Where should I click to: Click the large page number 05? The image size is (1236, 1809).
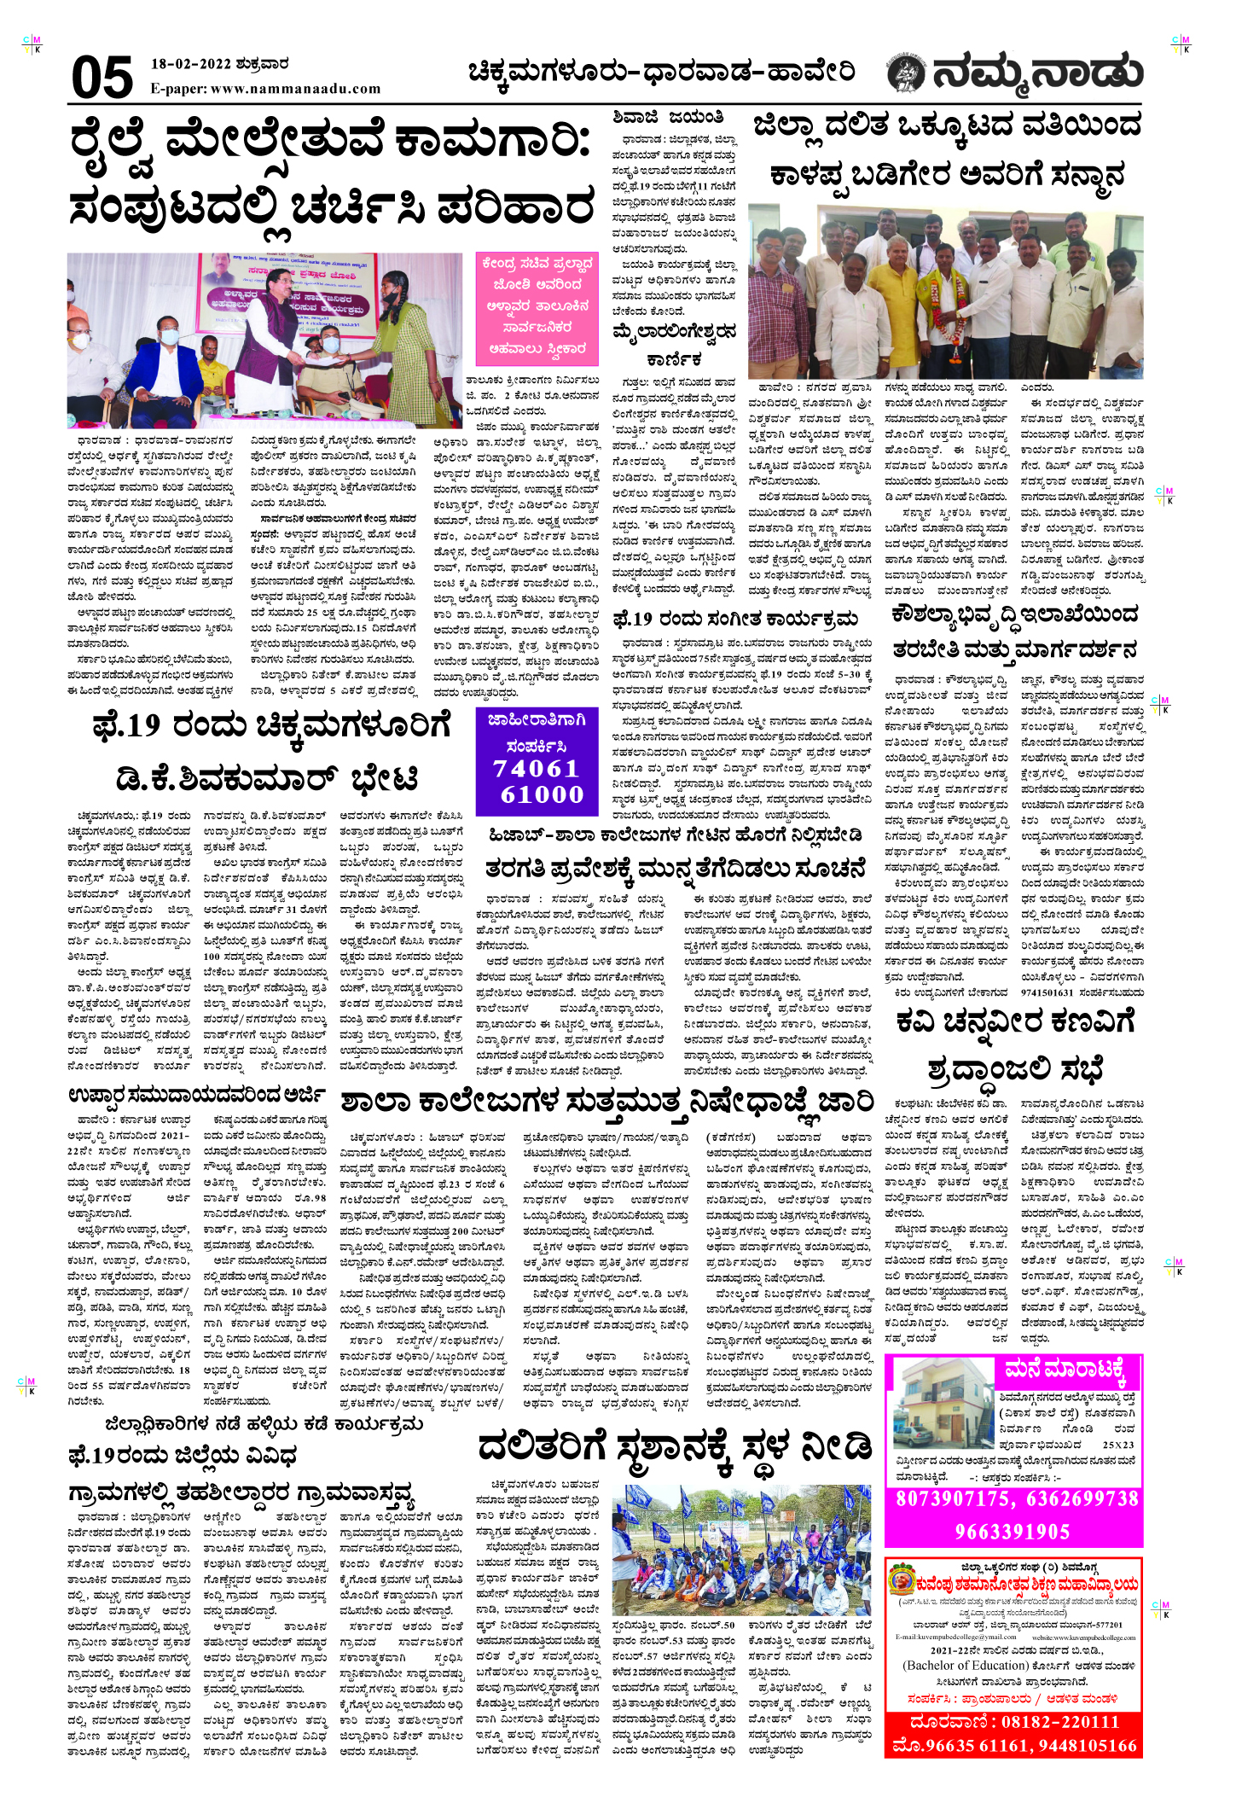pos(102,78)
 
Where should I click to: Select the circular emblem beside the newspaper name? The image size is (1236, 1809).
pos(906,74)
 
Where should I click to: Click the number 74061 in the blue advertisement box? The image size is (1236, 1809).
pos(537,768)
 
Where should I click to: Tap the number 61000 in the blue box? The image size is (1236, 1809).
pos(542,794)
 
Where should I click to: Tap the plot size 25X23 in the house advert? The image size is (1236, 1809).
pos(1117,1445)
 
